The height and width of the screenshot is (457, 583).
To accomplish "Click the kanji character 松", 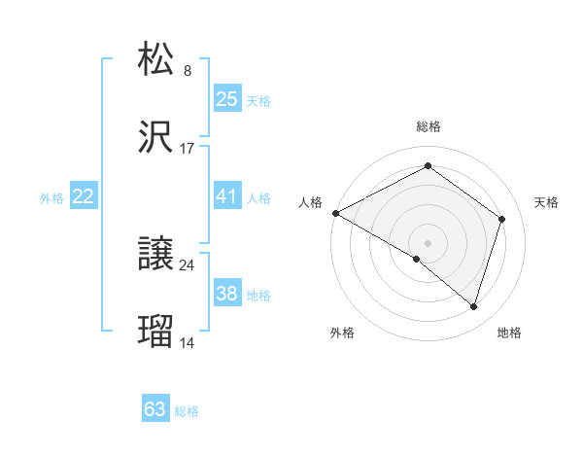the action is (156, 58).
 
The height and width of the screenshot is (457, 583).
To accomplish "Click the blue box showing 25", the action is (226, 99).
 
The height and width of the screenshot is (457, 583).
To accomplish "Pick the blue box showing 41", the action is (226, 196).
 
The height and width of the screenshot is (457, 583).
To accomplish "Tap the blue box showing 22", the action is (84, 196).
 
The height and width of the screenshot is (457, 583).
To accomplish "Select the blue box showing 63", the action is (155, 409).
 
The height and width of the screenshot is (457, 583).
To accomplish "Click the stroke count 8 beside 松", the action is (188, 70).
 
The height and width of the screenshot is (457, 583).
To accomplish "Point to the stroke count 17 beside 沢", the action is (188, 150).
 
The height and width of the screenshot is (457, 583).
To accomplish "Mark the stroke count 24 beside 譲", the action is (188, 264).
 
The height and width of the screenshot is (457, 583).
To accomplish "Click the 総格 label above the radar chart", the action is (428, 126).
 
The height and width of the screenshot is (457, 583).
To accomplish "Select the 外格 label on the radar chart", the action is (342, 334).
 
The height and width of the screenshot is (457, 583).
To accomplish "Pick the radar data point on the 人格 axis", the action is (335, 213).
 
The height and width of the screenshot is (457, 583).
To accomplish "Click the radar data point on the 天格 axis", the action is (502, 219).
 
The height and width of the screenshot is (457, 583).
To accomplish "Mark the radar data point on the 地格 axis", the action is (474, 307).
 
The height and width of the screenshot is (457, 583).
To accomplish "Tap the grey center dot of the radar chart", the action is (428, 242).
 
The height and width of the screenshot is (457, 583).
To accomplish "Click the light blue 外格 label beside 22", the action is (51, 197).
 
